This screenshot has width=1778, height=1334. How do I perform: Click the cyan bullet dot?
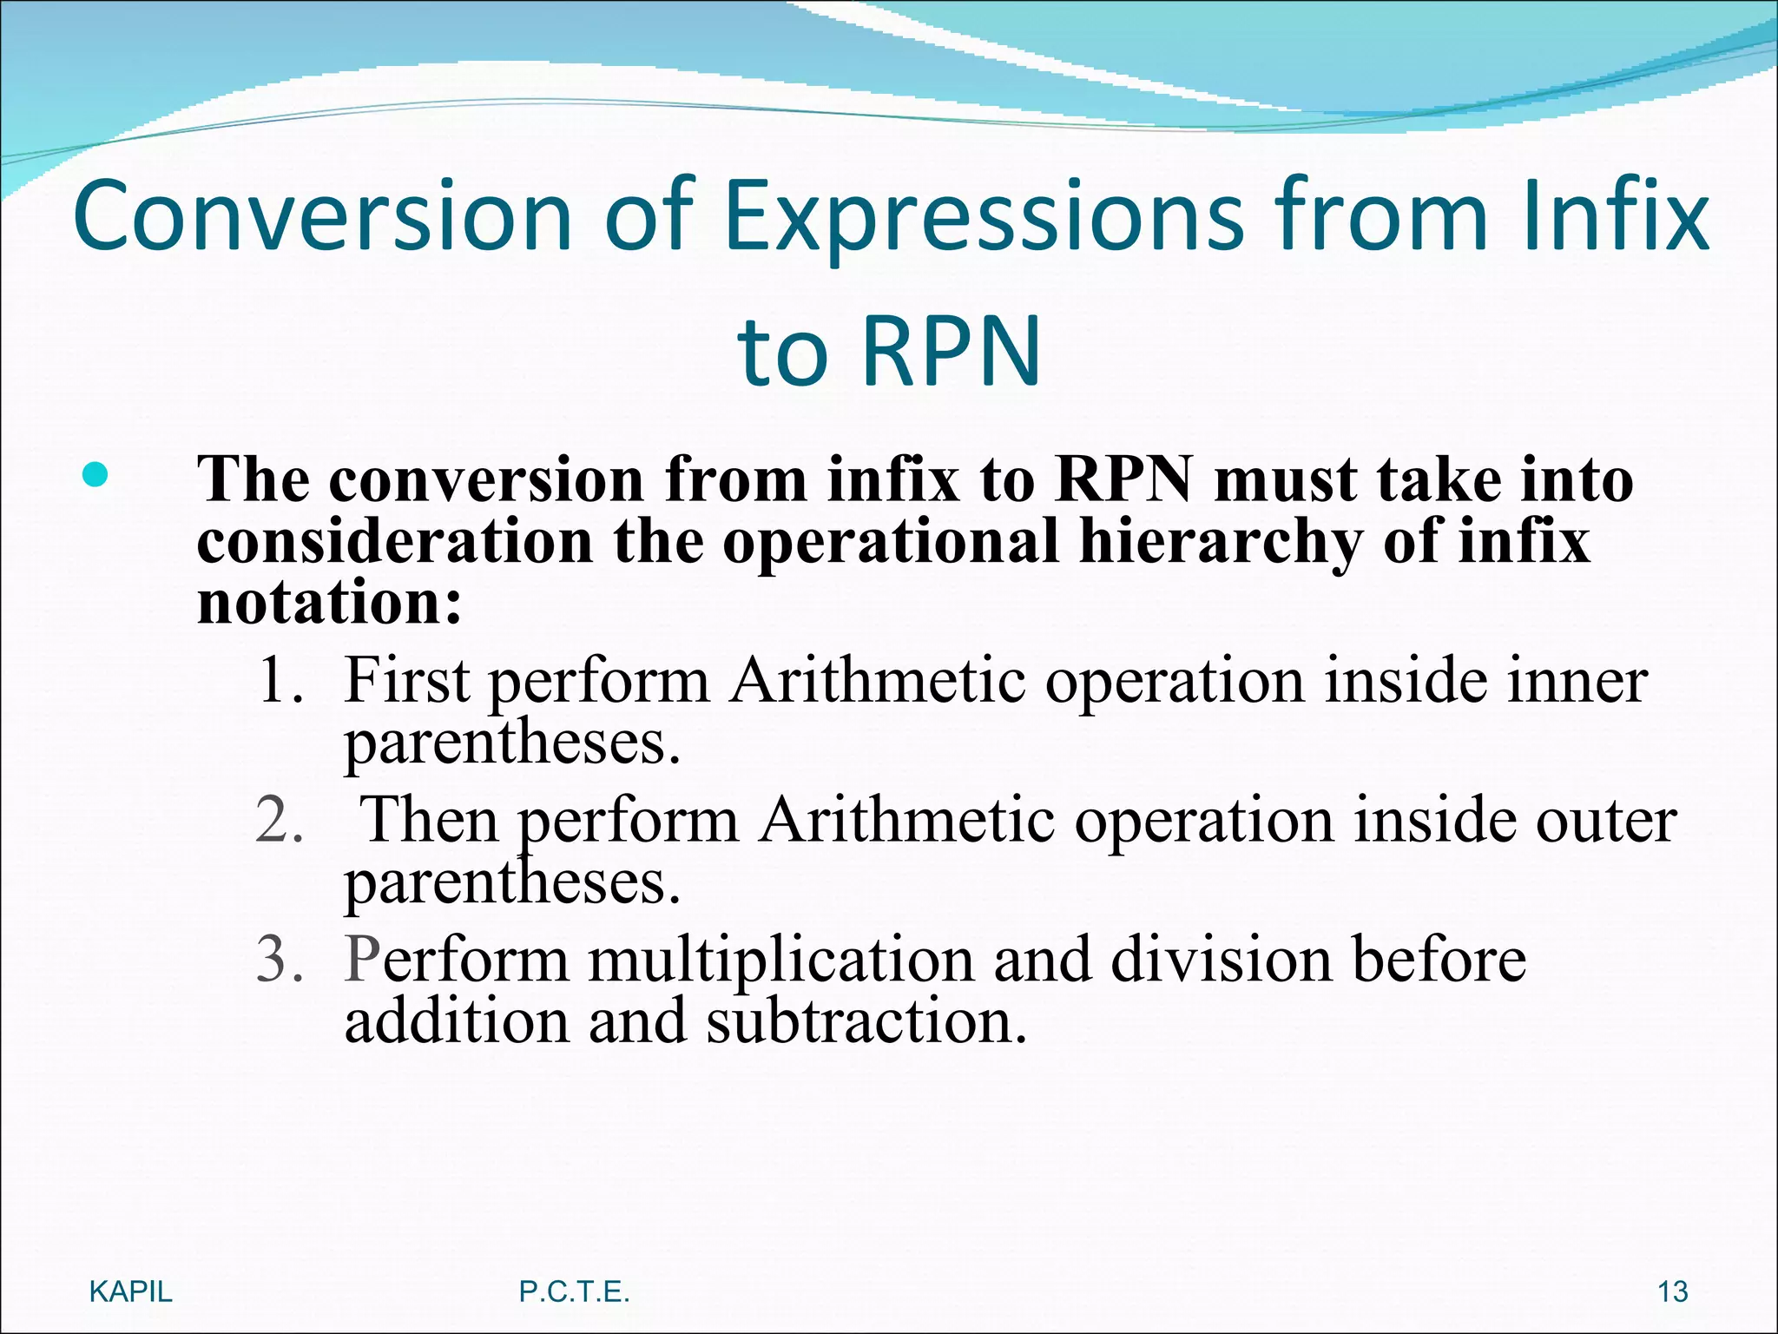click(95, 475)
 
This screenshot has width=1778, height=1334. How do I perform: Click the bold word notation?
click(329, 602)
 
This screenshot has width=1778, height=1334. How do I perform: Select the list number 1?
click(280, 680)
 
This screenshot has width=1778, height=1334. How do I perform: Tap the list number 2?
click(280, 819)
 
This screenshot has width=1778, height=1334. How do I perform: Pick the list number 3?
click(280, 960)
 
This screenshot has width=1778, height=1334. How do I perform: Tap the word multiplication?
click(780, 960)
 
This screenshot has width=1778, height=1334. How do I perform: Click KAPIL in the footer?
click(131, 1291)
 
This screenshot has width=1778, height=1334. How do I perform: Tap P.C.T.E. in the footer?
click(574, 1291)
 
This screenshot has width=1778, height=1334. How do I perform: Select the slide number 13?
click(1672, 1291)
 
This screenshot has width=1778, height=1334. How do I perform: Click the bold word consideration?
click(395, 541)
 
